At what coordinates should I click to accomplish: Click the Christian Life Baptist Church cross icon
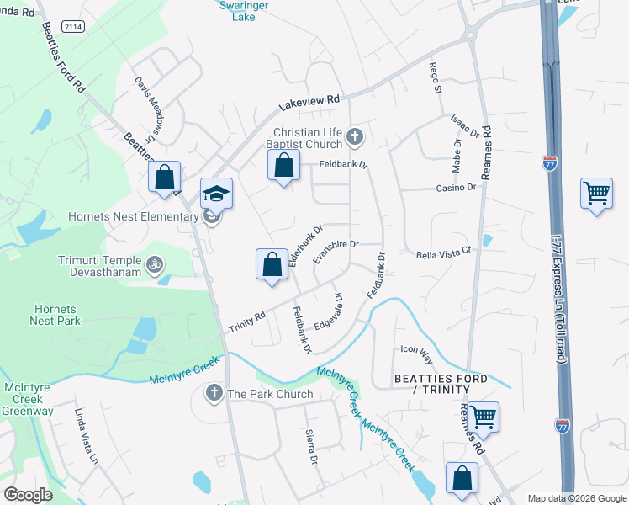(355, 136)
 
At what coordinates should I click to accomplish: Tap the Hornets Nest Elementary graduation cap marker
(216, 194)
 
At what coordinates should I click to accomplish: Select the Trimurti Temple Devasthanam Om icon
(154, 264)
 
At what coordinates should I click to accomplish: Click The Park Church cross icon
(214, 393)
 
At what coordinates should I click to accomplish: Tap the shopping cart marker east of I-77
(596, 194)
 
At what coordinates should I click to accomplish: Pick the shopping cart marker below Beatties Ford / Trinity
(484, 417)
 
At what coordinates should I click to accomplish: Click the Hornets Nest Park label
(54, 314)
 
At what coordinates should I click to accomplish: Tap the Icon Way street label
(415, 349)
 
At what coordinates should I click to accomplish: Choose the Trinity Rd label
(247, 321)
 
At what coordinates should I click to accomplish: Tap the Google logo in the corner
(28, 494)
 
